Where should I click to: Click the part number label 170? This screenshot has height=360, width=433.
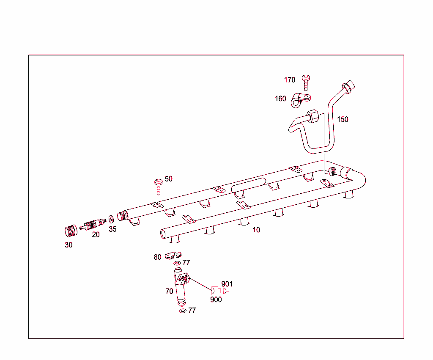[x=290, y=80]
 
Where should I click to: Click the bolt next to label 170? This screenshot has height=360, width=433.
[x=305, y=82]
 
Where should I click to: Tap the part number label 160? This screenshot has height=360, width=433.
[x=280, y=99]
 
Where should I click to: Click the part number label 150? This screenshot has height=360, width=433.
[x=343, y=119]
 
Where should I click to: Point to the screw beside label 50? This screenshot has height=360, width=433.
[x=159, y=186]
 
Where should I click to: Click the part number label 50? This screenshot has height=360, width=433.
[x=169, y=179]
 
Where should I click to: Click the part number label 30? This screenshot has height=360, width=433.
[x=69, y=245]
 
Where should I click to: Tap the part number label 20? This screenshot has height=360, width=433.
[x=96, y=235]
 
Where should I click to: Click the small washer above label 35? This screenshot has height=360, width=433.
[x=111, y=219]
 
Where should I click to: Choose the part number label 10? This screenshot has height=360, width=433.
[x=256, y=230]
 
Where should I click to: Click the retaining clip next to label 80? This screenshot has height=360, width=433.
[x=173, y=255]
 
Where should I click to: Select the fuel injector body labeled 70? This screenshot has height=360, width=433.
[x=180, y=288]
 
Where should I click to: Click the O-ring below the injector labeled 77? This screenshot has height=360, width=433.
[x=182, y=311]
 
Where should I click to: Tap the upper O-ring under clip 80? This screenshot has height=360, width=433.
[x=177, y=264]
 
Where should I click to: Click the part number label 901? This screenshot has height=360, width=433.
[x=227, y=284]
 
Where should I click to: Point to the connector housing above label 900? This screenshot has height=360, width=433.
[x=216, y=290]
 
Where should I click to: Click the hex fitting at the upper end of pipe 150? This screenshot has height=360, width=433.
[x=348, y=87]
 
